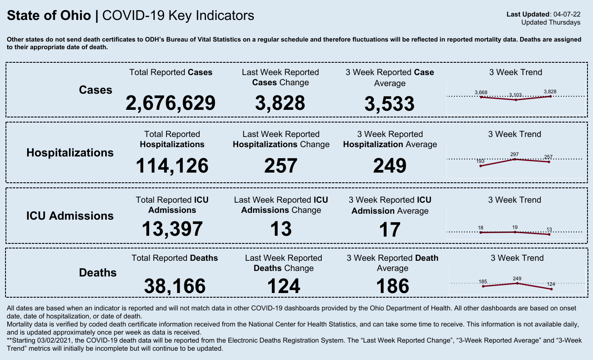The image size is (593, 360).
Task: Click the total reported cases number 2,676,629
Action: (x=170, y=103)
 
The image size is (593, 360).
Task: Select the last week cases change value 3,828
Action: (x=280, y=103)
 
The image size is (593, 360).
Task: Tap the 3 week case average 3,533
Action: (x=390, y=104)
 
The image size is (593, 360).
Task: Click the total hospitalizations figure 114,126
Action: (x=172, y=166)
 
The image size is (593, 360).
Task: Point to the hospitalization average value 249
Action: (x=390, y=166)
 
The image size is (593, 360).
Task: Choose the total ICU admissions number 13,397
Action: (x=172, y=229)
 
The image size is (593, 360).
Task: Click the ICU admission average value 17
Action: (x=390, y=230)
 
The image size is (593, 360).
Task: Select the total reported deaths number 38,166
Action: (x=175, y=286)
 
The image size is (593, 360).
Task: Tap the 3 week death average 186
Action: (x=393, y=286)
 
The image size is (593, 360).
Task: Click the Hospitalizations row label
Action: (x=70, y=153)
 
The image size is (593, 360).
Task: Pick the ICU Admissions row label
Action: (x=70, y=216)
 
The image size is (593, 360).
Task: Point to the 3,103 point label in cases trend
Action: (x=515, y=95)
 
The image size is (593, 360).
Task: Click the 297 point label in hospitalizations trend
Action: (x=515, y=154)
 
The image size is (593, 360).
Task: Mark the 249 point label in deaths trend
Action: (x=517, y=279)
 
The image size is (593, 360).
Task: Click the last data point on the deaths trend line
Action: (x=551, y=289)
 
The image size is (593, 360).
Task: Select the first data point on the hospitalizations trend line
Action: (x=481, y=166)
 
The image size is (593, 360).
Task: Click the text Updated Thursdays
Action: (x=551, y=22)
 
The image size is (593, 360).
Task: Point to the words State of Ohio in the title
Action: (x=49, y=16)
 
